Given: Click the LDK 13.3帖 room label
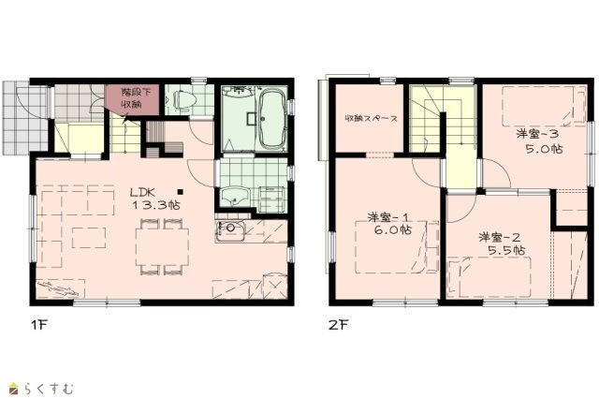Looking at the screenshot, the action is [x=156, y=199].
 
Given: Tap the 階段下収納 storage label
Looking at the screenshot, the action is [x=131, y=98].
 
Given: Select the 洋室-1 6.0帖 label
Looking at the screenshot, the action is [x=389, y=224].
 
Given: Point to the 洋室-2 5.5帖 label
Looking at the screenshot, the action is [x=502, y=243].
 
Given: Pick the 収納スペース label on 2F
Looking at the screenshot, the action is [x=371, y=119].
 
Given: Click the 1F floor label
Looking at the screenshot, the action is [x=38, y=325].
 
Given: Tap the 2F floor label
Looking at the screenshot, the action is [x=339, y=325].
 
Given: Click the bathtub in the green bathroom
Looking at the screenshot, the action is [x=272, y=119].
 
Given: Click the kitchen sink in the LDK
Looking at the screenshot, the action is [x=230, y=230].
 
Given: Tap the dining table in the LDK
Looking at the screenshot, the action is [x=162, y=246].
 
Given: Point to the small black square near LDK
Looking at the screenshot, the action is [x=181, y=192].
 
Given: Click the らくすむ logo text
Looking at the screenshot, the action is [x=49, y=389].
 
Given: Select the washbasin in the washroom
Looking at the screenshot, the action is [x=235, y=197].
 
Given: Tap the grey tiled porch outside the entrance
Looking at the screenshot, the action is [x=25, y=118].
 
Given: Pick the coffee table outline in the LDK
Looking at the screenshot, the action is [x=89, y=238].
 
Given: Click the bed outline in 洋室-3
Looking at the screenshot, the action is [x=544, y=106].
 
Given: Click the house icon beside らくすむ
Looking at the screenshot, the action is [x=14, y=388].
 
